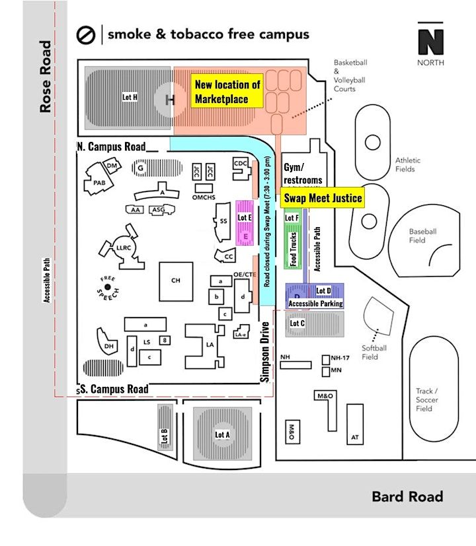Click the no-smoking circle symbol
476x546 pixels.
tap(87, 34)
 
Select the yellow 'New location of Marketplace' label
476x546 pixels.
tap(227, 92)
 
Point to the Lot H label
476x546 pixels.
tap(130, 96)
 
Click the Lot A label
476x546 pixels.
tap(222, 434)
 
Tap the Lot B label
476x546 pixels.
tap(165, 436)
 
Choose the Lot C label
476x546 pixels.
tap(297, 324)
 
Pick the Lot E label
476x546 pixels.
tap(245, 217)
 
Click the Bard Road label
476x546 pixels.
tap(407, 497)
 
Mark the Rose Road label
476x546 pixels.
tap(46, 77)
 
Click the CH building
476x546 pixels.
tap(176, 281)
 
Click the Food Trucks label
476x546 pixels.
tap(293, 248)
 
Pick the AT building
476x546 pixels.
tap(355, 438)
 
